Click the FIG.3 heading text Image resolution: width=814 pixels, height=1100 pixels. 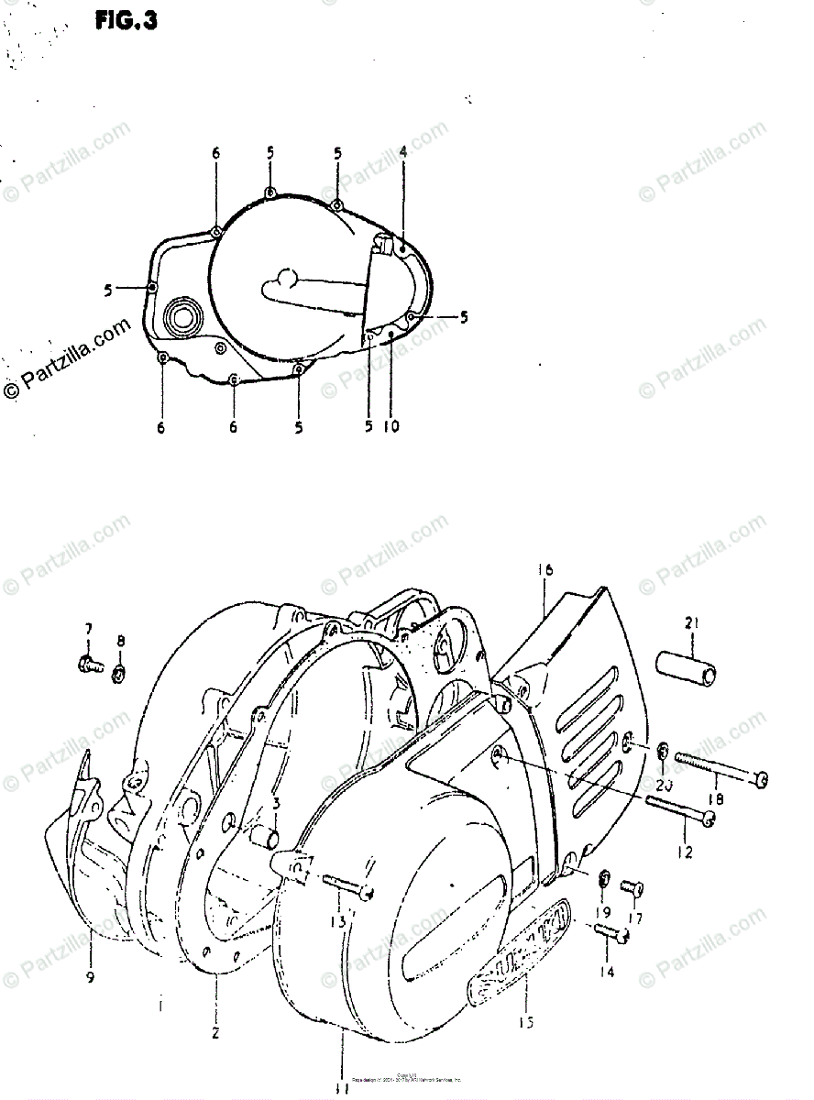point(126,20)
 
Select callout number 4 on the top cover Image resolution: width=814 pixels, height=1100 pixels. point(402,152)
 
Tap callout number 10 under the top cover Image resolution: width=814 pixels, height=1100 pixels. point(392,426)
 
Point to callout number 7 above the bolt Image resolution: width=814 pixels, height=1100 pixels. point(89,629)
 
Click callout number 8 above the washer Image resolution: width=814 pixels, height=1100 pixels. point(121,640)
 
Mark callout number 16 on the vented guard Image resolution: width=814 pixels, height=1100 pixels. point(546,570)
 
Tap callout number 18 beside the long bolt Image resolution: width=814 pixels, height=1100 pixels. point(716,798)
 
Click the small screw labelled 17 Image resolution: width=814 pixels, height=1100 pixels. point(632,886)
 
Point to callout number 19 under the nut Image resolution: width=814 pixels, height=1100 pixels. point(605,913)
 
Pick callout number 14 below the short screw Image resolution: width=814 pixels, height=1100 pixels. point(607,971)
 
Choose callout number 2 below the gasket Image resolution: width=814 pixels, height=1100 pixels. point(214,1033)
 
